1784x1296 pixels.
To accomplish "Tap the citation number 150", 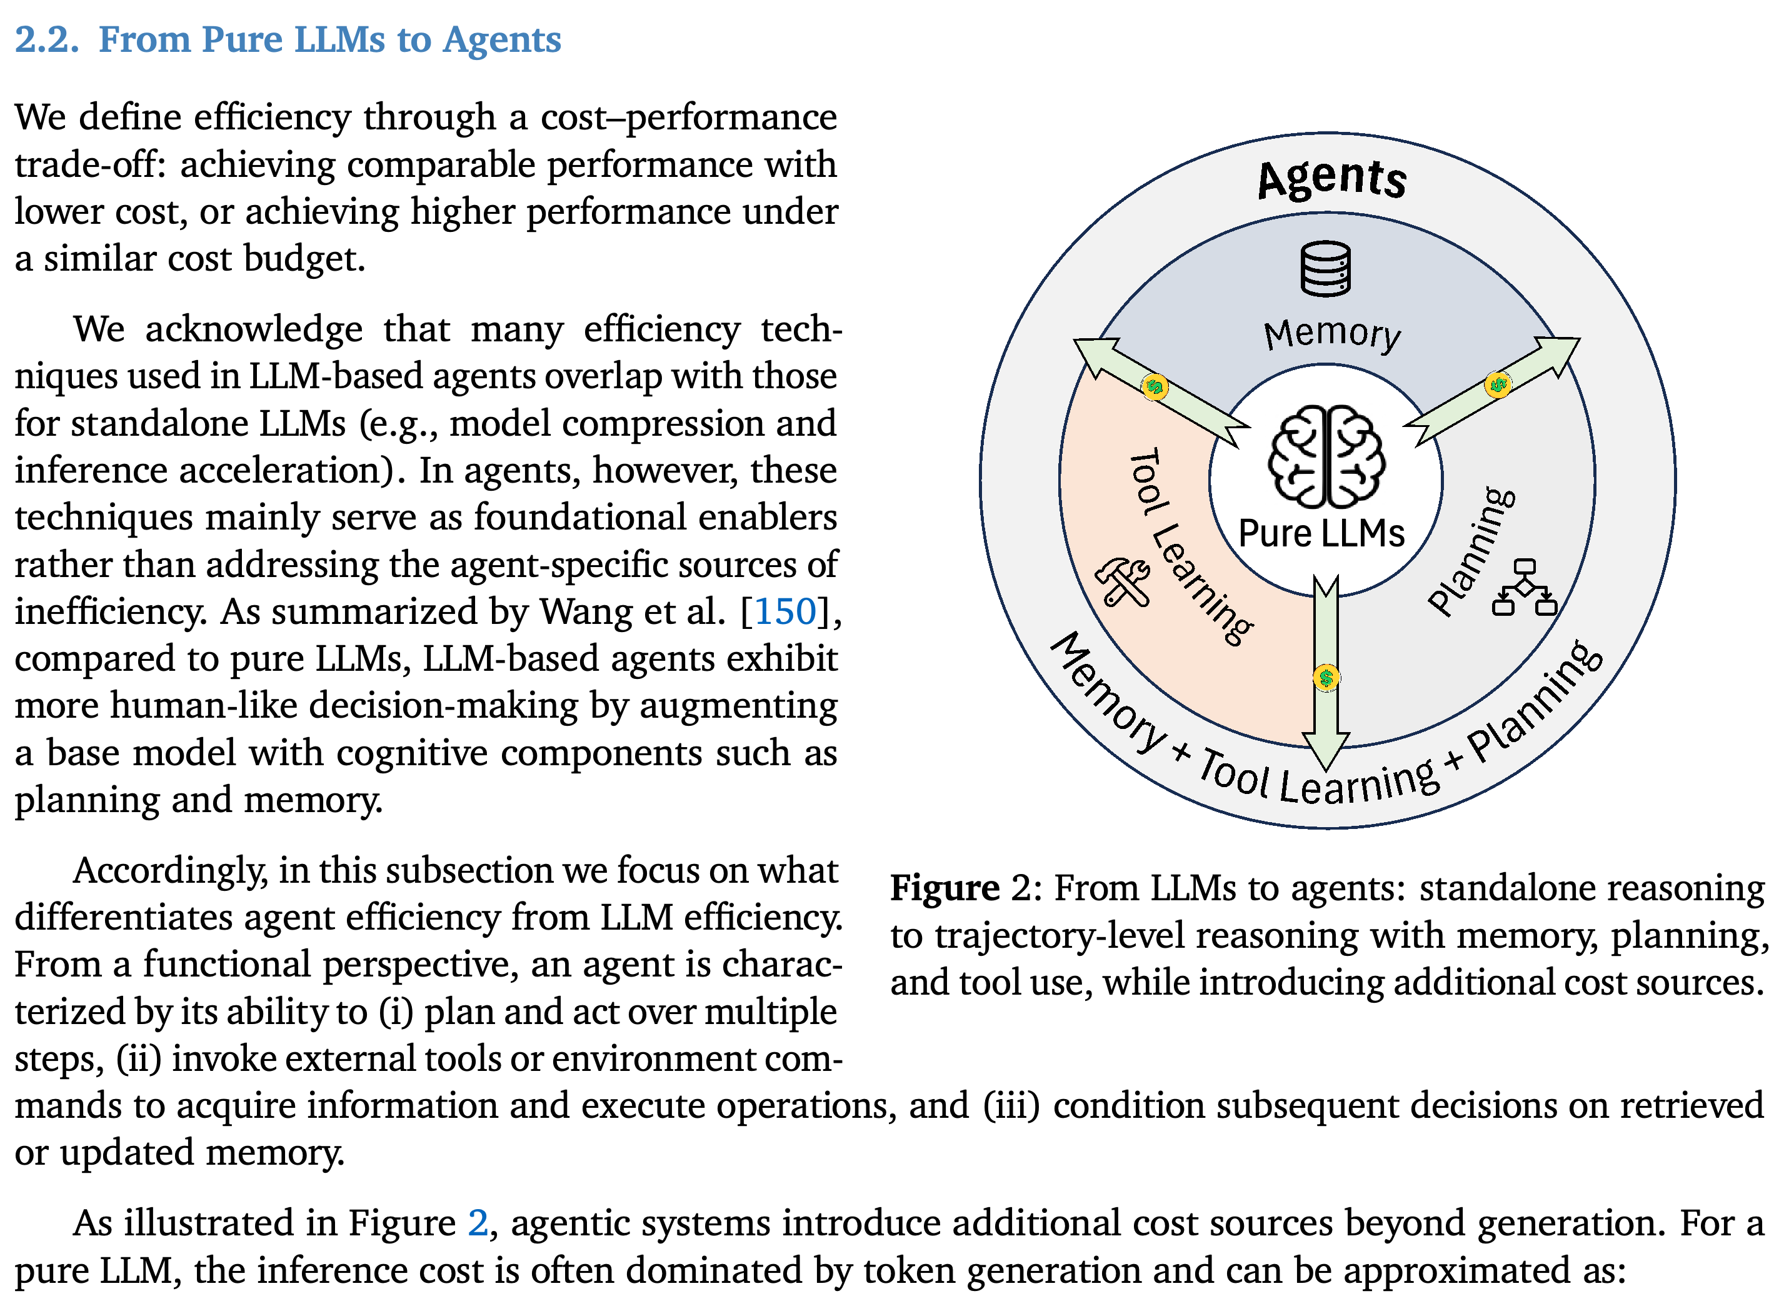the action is (x=786, y=611).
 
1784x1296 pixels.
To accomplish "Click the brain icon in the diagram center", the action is (x=1326, y=456).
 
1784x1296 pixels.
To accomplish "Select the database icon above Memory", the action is (x=1326, y=268).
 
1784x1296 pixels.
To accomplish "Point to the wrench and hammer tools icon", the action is (x=1123, y=582).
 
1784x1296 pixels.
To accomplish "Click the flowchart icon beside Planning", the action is (x=1525, y=587).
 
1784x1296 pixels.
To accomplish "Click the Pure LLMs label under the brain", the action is (x=1321, y=533).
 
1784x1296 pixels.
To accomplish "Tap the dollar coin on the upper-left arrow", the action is (x=1155, y=386).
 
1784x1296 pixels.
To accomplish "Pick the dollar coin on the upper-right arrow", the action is (x=1498, y=384).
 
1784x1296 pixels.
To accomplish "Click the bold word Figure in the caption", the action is (x=945, y=888).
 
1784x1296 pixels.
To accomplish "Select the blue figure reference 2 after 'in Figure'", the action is (x=478, y=1223).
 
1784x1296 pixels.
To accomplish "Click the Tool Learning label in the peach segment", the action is (x=1190, y=548).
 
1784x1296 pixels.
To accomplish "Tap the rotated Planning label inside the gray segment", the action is (x=1471, y=551).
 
